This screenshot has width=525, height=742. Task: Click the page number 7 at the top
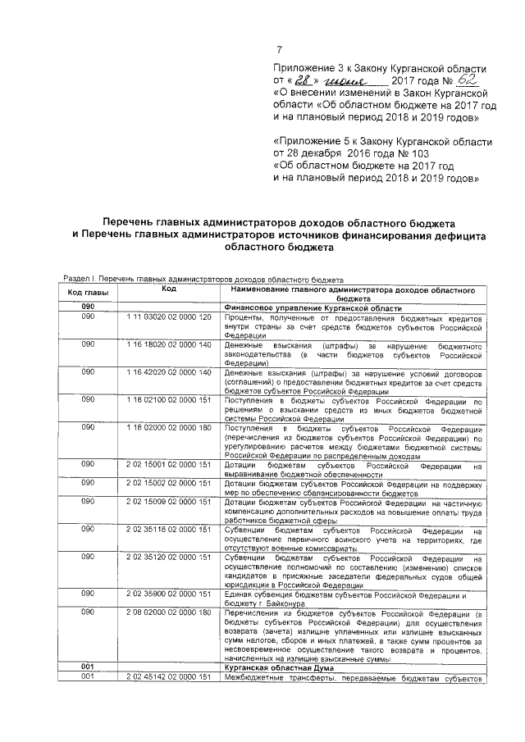click(279, 50)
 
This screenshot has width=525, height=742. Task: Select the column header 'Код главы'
click(88, 293)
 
